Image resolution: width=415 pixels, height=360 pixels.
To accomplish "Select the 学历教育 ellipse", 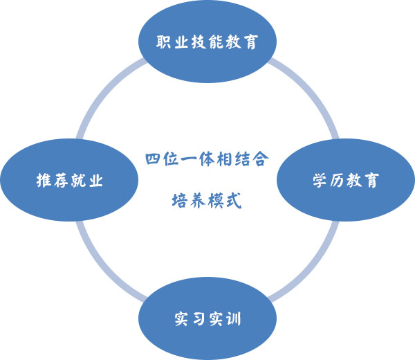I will tap(345, 181).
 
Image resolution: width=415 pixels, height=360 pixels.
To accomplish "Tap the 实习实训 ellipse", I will tap(207, 320).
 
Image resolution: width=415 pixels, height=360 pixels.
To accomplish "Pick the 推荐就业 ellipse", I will tap(69, 181).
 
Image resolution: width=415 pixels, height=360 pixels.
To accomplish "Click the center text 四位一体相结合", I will tap(207, 159).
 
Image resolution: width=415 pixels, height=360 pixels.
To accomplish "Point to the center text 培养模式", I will tap(207, 201).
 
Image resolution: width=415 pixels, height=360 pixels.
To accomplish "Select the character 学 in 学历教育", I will tap(320, 181).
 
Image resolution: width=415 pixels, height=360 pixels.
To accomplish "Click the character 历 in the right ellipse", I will tap(337, 181).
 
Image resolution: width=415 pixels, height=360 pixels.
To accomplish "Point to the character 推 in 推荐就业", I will tap(44, 181).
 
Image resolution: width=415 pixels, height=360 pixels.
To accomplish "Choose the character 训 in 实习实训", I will tap(233, 321).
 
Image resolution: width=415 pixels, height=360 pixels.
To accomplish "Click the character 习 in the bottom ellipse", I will tap(199, 321).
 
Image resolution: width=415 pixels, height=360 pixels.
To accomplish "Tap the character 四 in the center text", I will tap(154, 159).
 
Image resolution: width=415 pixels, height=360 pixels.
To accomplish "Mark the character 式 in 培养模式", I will tap(233, 201).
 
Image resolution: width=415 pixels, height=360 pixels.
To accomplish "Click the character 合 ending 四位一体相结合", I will tap(261, 159).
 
